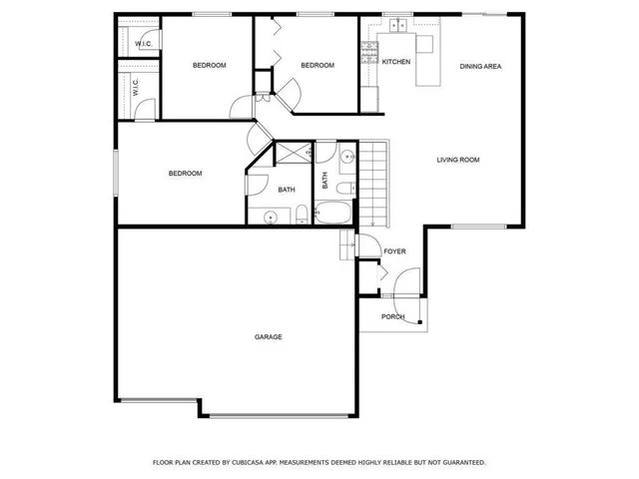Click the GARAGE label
[x=268, y=337]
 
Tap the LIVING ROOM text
[x=458, y=160]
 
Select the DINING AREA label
[x=480, y=66]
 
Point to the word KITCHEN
[x=396, y=62]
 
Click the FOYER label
[x=395, y=251]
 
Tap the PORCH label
[x=393, y=317]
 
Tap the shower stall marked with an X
[x=294, y=153]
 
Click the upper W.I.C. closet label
[x=142, y=44]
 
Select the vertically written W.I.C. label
[x=135, y=88]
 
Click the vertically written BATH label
[x=325, y=181]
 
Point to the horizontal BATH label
[x=287, y=190]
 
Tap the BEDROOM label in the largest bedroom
[x=185, y=174]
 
